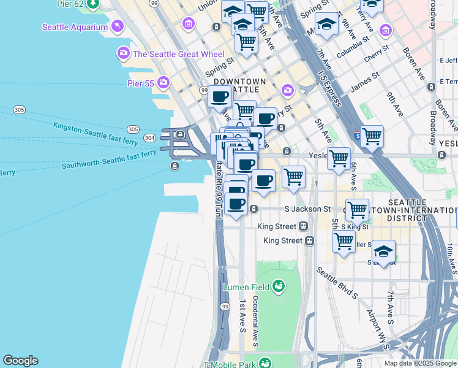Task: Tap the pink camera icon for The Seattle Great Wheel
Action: tap(124, 54)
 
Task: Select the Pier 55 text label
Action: tap(140, 82)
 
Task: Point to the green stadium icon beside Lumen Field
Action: tap(279, 286)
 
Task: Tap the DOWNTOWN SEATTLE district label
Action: tap(240, 85)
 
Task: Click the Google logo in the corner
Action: tap(20, 361)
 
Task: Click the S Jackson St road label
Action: tap(308, 209)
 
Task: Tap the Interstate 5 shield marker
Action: tap(358, 132)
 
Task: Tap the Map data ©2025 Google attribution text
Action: tap(420, 363)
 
